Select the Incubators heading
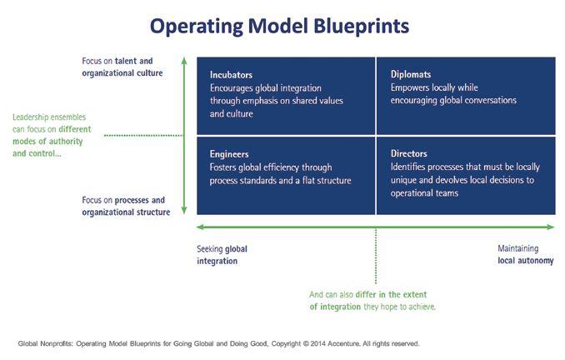tap(232, 73)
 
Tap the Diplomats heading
tap(411, 73)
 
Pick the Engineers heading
tap(230, 154)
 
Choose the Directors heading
tap(408, 154)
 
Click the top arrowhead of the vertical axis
tap(184, 61)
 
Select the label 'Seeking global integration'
tap(222, 254)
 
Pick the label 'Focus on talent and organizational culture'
tap(122, 67)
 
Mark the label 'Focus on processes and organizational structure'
tap(123, 206)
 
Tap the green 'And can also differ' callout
tap(372, 300)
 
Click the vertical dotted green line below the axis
tap(376, 258)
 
